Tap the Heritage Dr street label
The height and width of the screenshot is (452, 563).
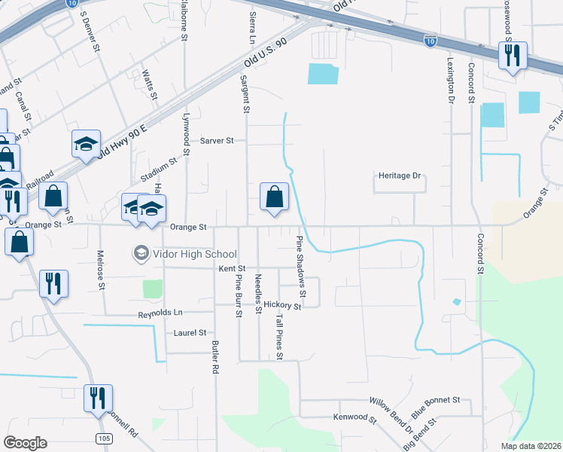399,176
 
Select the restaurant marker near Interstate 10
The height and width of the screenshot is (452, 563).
513,57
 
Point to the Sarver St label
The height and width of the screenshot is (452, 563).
218,141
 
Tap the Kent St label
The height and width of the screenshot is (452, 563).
232,268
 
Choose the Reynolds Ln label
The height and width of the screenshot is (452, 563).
160,313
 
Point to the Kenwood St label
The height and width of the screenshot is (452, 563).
355,417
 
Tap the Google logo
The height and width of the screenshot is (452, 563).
26,443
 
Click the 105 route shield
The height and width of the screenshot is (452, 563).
105,438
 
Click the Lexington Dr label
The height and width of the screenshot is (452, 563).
452,82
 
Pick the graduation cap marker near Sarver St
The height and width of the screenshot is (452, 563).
86,145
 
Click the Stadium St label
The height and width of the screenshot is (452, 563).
158,169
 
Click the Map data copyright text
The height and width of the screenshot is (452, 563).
531,446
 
